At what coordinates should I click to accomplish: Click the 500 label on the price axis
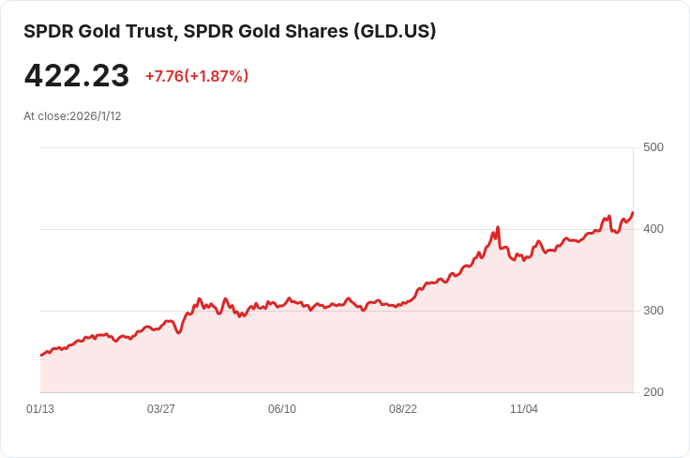click(x=652, y=147)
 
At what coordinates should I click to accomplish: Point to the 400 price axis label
click(x=652, y=229)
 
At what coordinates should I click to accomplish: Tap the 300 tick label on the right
click(x=652, y=311)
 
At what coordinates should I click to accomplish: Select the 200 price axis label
click(x=652, y=392)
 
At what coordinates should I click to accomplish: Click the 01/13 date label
click(x=40, y=409)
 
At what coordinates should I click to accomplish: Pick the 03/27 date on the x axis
click(x=161, y=409)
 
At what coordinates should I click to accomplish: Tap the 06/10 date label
click(x=282, y=409)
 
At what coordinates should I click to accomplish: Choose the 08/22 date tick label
click(x=403, y=409)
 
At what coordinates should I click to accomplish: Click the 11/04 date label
click(x=524, y=409)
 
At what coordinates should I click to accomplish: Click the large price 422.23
click(x=76, y=76)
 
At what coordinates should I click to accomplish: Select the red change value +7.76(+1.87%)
click(x=197, y=76)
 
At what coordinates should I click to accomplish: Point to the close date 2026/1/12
click(x=96, y=116)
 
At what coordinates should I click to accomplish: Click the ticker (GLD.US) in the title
click(x=394, y=31)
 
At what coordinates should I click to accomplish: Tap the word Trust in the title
click(x=150, y=31)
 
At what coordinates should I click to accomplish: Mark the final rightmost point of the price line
click(x=633, y=213)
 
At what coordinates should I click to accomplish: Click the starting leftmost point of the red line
click(x=41, y=355)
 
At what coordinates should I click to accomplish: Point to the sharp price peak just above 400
click(x=498, y=227)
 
